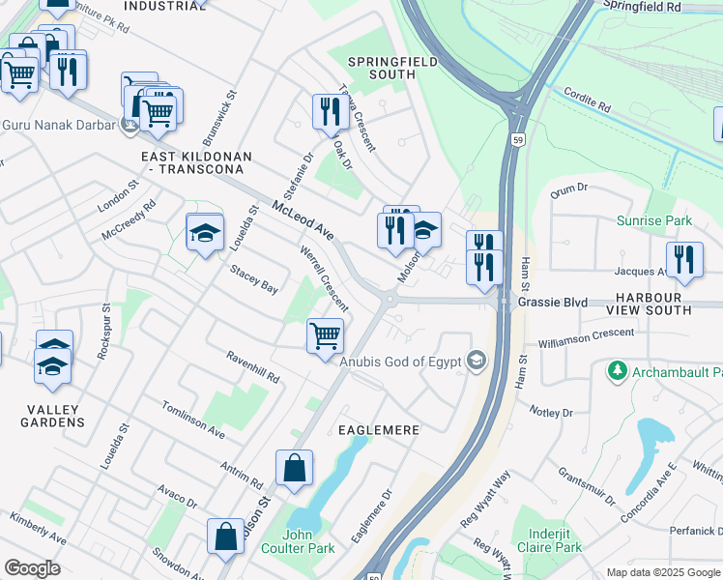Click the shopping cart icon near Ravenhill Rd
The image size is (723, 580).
[326, 336]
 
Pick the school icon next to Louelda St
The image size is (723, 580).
[205, 232]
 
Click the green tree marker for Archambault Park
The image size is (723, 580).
[615, 371]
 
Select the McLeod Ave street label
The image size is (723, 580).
[303, 221]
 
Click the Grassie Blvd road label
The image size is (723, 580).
[553, 303]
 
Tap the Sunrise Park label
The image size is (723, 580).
[654, 220]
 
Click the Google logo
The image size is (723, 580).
[32, 568]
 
